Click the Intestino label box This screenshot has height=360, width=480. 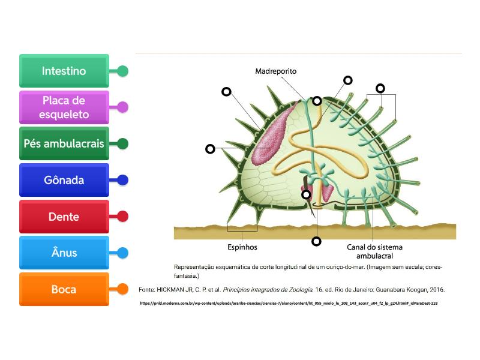64,71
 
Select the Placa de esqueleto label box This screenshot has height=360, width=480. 64,107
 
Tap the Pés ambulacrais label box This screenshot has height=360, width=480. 64,144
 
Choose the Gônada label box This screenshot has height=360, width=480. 64,180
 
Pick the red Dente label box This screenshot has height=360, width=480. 64,217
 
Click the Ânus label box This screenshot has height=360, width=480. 64,253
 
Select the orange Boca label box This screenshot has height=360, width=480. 64,289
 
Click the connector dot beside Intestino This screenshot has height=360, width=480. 122,71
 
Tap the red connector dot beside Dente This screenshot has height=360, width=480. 122,217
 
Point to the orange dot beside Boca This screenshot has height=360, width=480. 122,289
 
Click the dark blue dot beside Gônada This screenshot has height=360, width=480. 122,180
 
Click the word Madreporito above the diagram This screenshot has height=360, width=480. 275,71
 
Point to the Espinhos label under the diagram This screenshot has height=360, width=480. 242,247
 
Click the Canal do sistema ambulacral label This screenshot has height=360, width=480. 374,251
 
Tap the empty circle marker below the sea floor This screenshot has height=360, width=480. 316,242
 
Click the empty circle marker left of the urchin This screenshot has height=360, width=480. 210,149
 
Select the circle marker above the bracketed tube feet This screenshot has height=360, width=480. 380,88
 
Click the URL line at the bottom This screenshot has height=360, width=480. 289,303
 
